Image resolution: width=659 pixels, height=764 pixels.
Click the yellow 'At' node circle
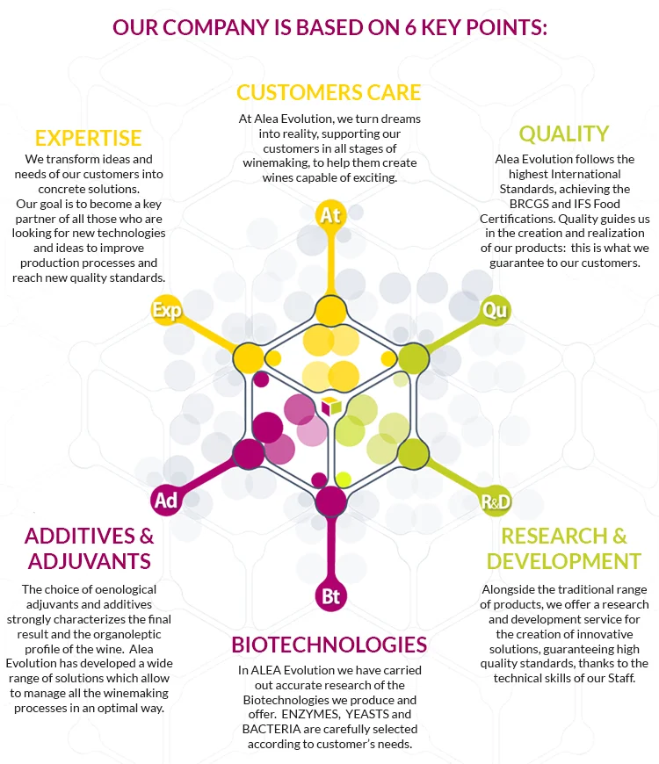[330, 215]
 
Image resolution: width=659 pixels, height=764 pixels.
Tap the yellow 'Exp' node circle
[167, 310]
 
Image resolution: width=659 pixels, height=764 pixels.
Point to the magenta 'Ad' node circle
[165, 500]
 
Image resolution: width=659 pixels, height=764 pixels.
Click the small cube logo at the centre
[330, 406]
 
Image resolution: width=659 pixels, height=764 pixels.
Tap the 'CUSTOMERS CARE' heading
[329, 92]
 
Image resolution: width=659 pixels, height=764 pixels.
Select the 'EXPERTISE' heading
[88, 138]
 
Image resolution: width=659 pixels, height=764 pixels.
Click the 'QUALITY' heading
[563, 133]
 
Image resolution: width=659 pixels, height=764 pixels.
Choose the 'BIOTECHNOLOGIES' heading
[329, 645]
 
